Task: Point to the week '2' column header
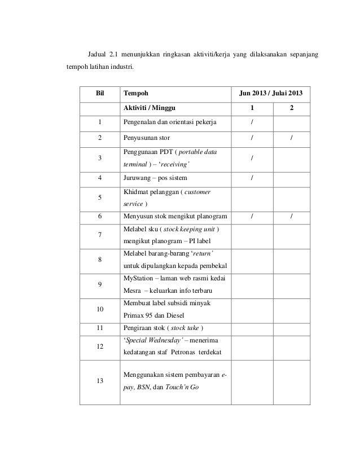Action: point(291,107)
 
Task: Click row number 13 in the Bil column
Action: point(99,381)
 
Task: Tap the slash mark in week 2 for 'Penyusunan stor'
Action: point(291,138)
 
